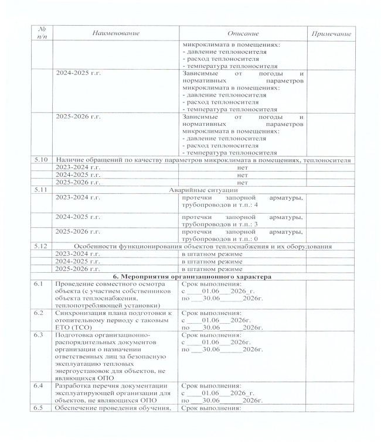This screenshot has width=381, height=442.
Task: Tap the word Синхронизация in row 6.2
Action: (80, 314)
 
